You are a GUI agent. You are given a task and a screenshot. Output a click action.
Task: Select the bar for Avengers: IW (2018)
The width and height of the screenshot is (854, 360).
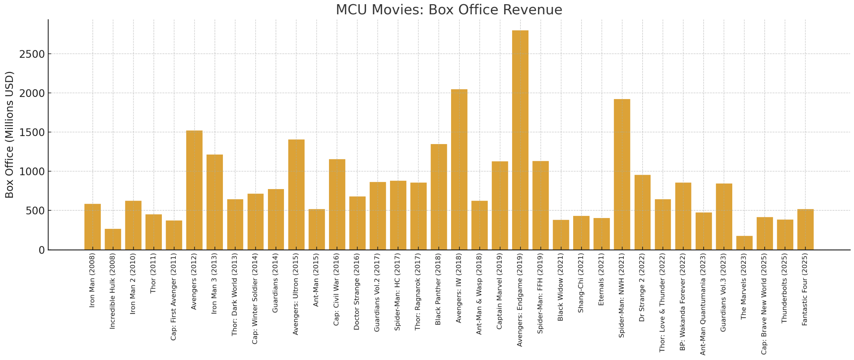tap(459, 170)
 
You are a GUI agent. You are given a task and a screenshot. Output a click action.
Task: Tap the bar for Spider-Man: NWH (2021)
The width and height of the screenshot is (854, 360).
tap(622, 174)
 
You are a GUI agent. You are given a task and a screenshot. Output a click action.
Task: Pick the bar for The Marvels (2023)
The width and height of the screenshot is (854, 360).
tap(744, 243)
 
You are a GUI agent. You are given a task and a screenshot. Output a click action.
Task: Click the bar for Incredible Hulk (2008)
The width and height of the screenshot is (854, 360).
tap(113, 239)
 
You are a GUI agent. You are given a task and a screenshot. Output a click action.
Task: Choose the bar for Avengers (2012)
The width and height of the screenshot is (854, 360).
tap(194, 190)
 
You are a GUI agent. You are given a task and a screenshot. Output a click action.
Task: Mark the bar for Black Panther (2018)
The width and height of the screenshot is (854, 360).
tap(439, 197)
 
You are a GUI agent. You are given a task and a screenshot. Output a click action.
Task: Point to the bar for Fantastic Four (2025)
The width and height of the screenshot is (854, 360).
tap(806, 230)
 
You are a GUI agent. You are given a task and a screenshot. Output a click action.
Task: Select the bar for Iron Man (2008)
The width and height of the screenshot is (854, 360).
tap(92, 227)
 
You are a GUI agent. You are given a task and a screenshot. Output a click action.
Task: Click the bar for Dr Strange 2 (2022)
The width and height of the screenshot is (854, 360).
tap(642, 212)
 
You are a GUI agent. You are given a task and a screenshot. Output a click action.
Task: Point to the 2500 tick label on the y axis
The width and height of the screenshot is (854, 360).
tap(32, 54)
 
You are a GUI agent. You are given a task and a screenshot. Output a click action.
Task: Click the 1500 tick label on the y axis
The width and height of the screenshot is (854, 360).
tap(32, 133)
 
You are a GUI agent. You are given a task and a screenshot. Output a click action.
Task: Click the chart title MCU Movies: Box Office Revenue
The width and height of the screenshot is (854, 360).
tap(449, 10)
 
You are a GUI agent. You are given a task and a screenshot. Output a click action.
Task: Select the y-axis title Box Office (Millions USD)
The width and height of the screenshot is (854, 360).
tap(9, 135)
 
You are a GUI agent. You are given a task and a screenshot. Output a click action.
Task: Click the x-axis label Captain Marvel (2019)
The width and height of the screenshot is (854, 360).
tap(499, 291)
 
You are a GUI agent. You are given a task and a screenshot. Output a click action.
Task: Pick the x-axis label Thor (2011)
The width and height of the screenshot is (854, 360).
tap(153, 273)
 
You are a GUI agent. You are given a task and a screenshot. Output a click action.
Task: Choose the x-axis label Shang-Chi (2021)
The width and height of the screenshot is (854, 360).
tap(581, 283)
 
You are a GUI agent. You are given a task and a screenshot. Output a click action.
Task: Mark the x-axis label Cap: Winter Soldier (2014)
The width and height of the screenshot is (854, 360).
tap(255, 299)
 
